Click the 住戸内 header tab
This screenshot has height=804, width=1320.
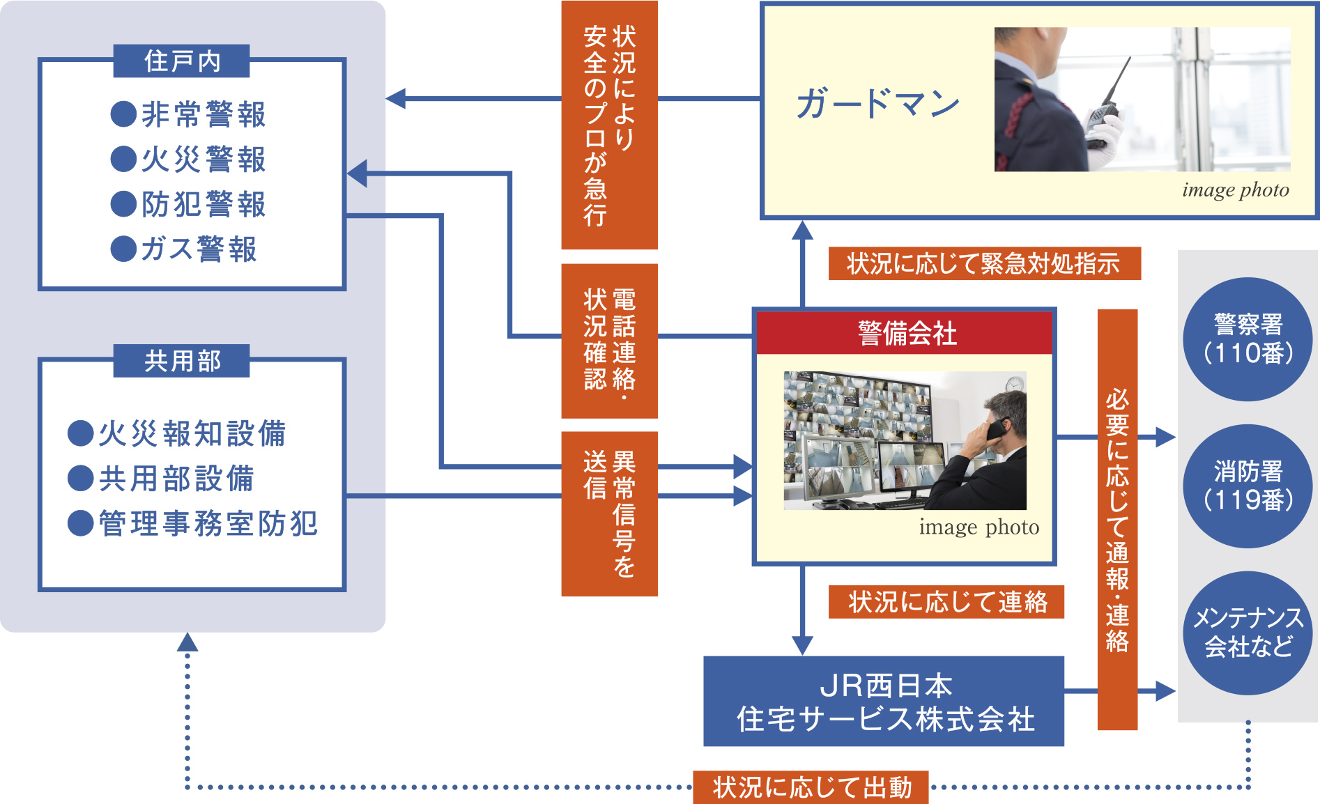click(x=181, y=61)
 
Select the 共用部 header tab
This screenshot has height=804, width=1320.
click(x=181, y=361)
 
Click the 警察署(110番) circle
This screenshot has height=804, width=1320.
click(x=1248, y=339)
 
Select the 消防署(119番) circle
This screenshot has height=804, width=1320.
click(x=1248, y=486)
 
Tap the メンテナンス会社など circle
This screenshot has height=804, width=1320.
click(x=1248, y=633)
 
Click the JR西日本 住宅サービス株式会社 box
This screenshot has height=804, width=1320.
click(x=884, y=702)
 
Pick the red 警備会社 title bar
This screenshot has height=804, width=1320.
click(x=905, y=333)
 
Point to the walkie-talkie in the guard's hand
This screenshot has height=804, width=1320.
click(x=1105, y=105)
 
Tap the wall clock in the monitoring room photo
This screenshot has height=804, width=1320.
click(x=1015, y=383)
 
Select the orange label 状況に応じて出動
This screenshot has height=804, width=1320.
click(x=811, y=787)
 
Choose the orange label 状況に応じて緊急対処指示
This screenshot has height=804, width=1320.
click(x=984, y=263)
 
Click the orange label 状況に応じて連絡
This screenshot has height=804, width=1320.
click(x=946, y=602)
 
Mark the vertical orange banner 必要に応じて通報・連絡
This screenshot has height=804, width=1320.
click(x=1117, y=519)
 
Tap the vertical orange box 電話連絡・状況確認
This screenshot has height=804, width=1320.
click(x=609, y=341)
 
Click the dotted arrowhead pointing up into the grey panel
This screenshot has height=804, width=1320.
click(x=187, y=642)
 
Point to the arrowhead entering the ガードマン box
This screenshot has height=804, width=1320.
click(x=803, y=230)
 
